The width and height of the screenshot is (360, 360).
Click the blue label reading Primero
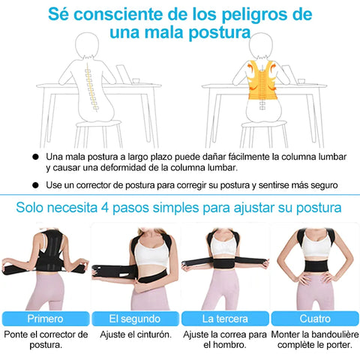46,319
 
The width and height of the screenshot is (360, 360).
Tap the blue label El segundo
135,319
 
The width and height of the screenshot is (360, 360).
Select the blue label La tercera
225,319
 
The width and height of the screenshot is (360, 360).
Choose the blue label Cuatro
315,319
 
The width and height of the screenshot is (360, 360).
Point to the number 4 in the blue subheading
105,208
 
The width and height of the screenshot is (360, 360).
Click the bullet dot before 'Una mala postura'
36,157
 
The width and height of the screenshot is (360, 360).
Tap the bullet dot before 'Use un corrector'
36,185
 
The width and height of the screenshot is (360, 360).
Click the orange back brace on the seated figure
262,79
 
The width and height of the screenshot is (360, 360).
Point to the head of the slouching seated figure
87,45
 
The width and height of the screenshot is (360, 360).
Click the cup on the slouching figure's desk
136,81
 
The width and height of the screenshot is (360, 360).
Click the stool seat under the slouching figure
98,124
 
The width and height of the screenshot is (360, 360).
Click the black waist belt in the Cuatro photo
316,266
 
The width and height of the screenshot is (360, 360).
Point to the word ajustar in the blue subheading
253,208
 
